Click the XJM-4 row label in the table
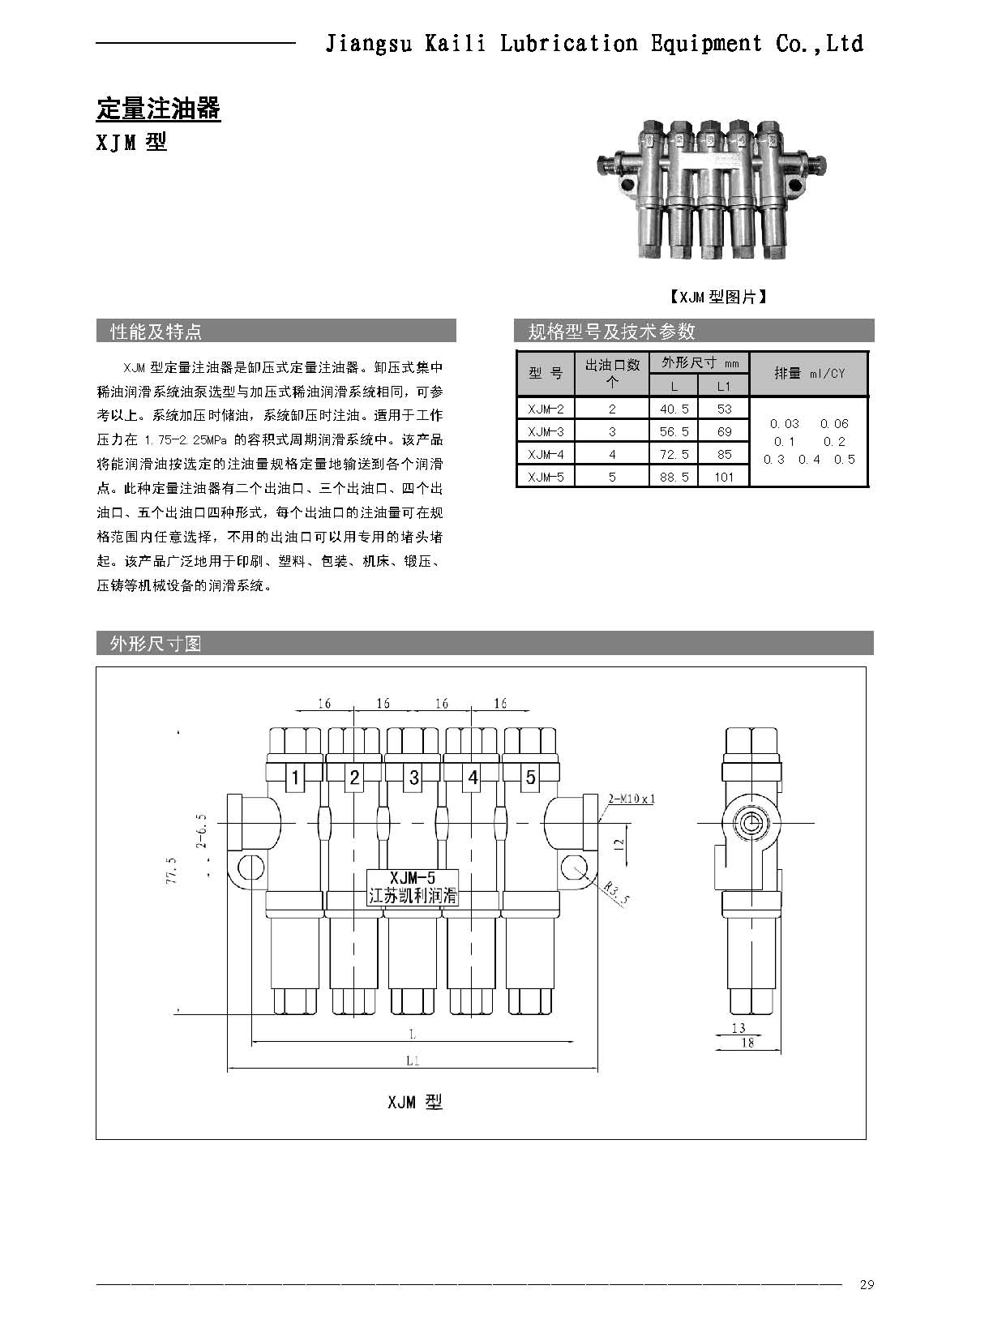click(x=545, y=454)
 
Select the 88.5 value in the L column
click(x=674, y=477)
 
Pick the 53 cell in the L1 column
click(x=724, y=409)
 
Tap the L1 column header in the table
click(x=724, y=387)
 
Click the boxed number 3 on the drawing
click(x=413, y=778)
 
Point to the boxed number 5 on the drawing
click(x=530, y=778)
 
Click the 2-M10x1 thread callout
click(x=631, y=799)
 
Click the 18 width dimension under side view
click(x=747, y=1043)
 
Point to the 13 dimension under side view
click(x=738, y=1028)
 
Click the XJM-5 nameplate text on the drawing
click(x=413, y=878)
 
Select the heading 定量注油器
click(x=158, y=109)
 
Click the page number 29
click(x=867, y=1284)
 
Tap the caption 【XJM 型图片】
click(x=717, y=298)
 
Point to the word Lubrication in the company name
click(x=568, y=44)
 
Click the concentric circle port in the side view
click(x=748, y=825)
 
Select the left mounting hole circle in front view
click(x=250, y=868)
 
